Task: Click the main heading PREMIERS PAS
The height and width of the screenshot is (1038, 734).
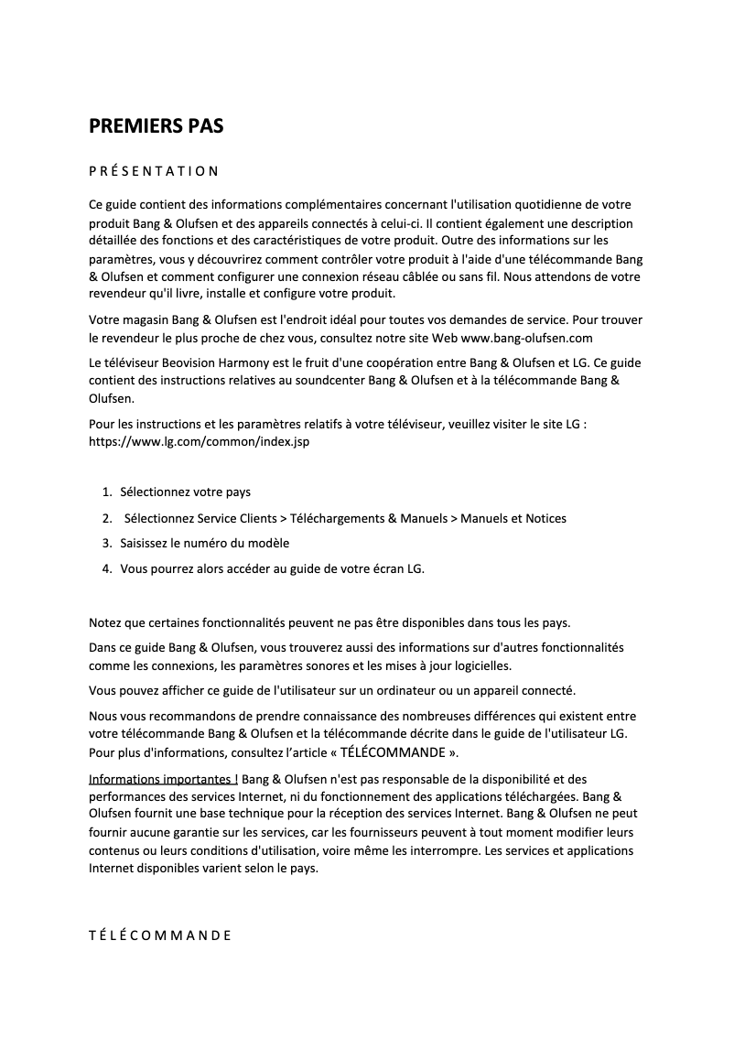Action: (156, 126)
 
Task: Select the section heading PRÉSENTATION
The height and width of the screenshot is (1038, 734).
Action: (153, 171)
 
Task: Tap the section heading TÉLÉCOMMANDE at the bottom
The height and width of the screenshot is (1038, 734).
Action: (159, 935)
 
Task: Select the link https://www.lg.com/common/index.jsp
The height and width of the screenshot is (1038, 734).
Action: (200, 440)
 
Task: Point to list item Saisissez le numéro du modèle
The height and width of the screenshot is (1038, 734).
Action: (204, 543)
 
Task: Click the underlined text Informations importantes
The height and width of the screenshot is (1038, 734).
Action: (163, 780)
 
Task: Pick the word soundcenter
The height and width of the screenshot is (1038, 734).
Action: (361, 381)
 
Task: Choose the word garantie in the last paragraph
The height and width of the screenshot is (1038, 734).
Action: (200, 832)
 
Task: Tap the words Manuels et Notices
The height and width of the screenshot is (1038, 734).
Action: (513, 518)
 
